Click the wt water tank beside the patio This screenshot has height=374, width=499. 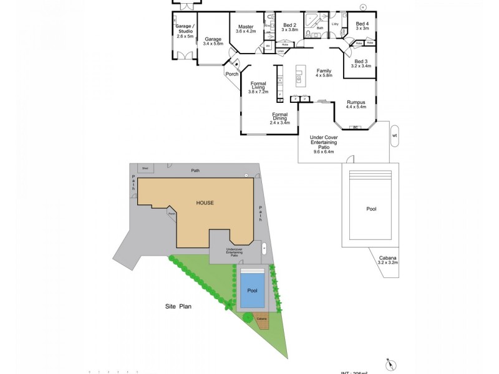[394, 135]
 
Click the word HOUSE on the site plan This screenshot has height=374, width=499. [206, 203]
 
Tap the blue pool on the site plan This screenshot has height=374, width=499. [252, 290]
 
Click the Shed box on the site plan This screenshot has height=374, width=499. [145, 168]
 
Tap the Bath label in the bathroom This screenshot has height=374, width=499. [320, 28]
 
